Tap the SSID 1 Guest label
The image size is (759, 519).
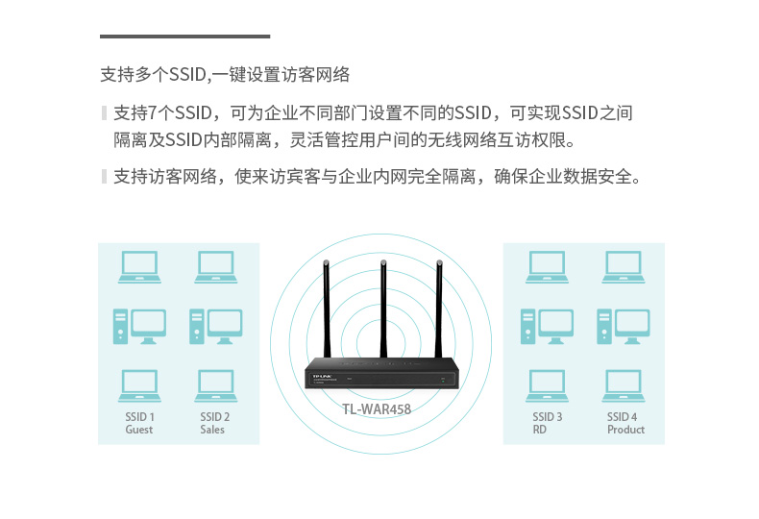pyautogui.click(x=139, y=423)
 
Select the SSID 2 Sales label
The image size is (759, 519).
pyautogui.click(x=214, y=423)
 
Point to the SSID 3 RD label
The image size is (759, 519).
pyautogui.click(x=547, y=423)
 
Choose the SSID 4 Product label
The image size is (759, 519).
pyautogui.click(x=624, y=423)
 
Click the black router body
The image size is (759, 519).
pyautogui.click(x=381, y=376)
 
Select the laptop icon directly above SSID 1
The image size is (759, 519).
pyautogui.click(x=139, y=385)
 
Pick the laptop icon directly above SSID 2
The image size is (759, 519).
pyautogui.click(x=215, y=385)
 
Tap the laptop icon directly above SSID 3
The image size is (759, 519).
pyautogui.click(x=547, y=385)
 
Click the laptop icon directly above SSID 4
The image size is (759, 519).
pyautogui.click(x=623, y=385)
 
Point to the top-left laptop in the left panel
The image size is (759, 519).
pyautogui.click(x=139, y=267)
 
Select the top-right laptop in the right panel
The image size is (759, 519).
pyautogui.click(x=623, y=267)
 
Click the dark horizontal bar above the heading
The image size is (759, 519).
pyautogui.click(x=185, y=36)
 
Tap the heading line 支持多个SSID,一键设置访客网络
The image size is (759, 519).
pyautogui.click(x=225, y=74)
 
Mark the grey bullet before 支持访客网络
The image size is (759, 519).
pyautogui.click(x=104, y=176)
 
